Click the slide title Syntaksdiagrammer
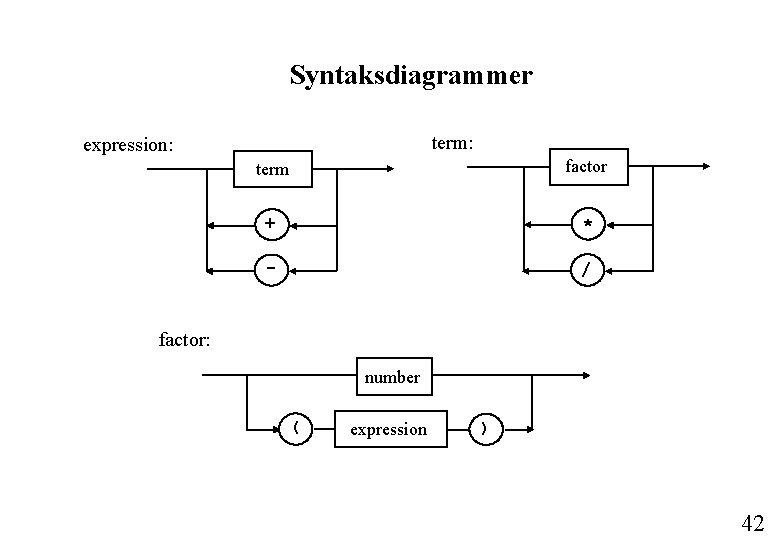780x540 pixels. [x=411, y=76]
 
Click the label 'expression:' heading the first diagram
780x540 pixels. [x=128, y=145]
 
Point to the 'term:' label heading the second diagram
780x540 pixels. [x=452, y=143]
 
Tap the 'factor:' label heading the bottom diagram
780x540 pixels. [x=185, y=340]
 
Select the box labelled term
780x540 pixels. [x=272, y=170]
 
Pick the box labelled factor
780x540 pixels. [x=586, y=167]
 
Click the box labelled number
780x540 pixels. [x=392, y=377]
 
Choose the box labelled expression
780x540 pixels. [x=388, y=429]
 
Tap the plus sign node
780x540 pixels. [x=270, y=223]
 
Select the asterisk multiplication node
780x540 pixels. [x=588, y=223]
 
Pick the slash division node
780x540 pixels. [x=588, y=270]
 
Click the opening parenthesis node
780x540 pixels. [x=296, y=429]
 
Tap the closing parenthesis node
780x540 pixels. [x=485, y=429]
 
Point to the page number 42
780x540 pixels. [x=752, y=522]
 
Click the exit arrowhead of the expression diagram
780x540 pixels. [x=390, y=169]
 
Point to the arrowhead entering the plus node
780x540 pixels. [x=289, y=223]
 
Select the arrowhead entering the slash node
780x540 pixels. [x=607, y=270]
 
